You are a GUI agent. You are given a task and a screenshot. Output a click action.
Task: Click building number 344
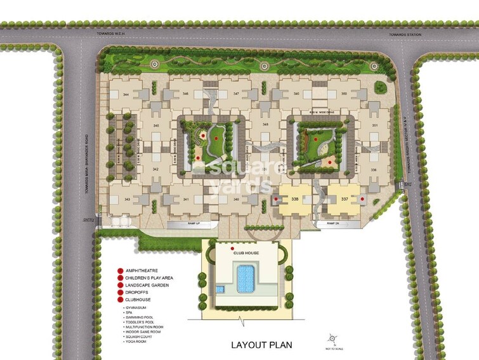pos(126,94)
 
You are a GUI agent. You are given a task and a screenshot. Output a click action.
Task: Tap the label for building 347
pos(236,94)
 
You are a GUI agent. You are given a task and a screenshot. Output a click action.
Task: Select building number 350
pos(343,94)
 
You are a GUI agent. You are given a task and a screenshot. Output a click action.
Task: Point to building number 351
pos(375,125)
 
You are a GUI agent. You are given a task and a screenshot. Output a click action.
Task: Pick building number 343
pos(127,199)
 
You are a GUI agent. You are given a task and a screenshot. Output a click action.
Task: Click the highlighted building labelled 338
pos(294,199)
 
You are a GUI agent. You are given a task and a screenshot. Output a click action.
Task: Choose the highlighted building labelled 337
pos(344,199)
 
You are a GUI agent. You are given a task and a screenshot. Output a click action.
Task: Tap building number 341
pos(186,199)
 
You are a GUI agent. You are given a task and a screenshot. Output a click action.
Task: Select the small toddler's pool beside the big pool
pos(220,289)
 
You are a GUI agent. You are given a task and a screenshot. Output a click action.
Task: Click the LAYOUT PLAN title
pos(261,345)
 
